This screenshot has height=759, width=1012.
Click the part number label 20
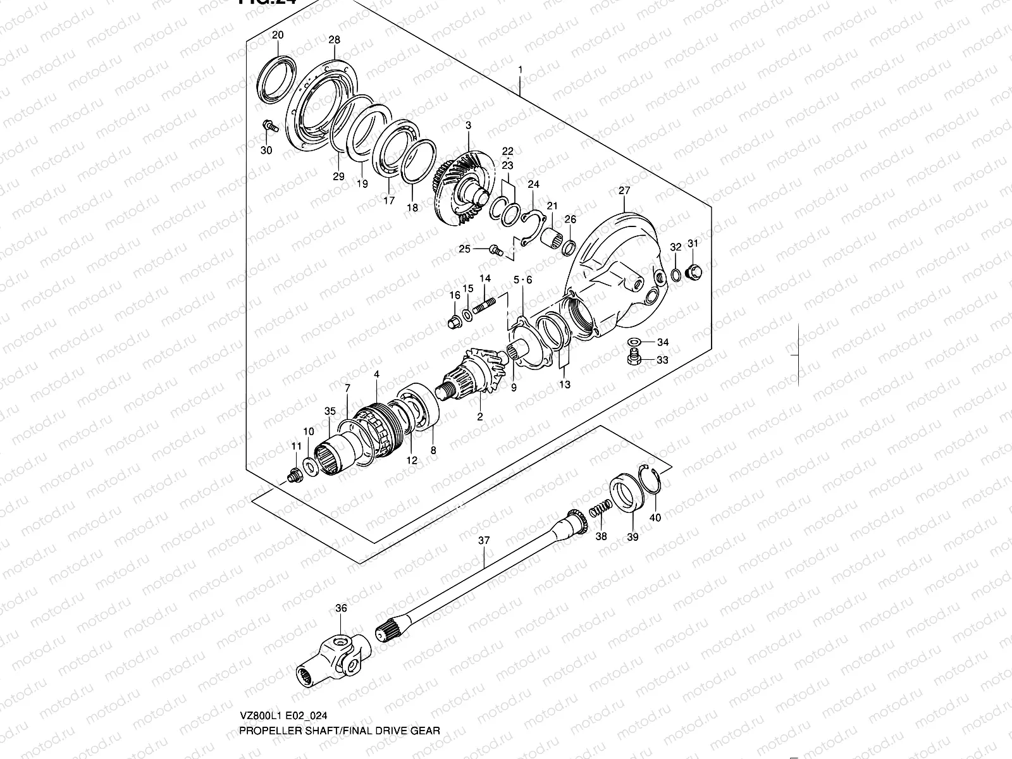point(278,35)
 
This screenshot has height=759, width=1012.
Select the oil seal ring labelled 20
point(276,78)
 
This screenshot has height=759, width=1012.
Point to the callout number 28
point(334,40)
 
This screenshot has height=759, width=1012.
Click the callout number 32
point(676,247)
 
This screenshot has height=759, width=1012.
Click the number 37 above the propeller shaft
point(484,541)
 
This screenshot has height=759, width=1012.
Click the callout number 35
point(330,410)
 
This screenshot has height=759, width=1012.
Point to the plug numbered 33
point(632,359)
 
